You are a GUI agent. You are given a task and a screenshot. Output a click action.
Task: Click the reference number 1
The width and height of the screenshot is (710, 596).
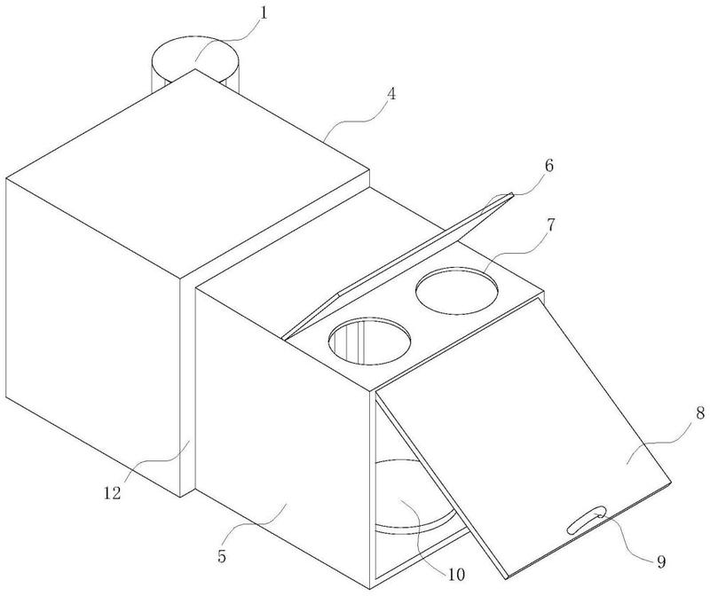(264, 12)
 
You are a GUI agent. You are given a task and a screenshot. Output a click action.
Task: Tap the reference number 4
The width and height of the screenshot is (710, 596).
(391, 95)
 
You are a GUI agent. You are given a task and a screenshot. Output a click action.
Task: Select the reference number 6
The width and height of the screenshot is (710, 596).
(548, 166)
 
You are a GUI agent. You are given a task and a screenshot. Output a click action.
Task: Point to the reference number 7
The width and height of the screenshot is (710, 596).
(550, 225)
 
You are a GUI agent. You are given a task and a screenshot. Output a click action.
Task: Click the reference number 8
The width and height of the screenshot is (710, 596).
(700, 413)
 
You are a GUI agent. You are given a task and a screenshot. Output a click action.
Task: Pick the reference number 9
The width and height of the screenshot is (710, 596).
(661, 562)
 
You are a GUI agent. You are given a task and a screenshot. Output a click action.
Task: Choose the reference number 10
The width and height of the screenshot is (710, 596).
(456, 575)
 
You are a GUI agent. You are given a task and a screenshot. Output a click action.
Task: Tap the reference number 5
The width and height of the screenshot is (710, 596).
(221, 556)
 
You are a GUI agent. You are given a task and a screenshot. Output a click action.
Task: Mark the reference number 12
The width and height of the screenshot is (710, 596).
(113, 493)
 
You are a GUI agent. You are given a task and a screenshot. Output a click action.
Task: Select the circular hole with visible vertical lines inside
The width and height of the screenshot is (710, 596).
(370, 341)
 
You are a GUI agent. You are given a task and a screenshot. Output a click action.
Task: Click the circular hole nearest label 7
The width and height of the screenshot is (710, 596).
(457, 290)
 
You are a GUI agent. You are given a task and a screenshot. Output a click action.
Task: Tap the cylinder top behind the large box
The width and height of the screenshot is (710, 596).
(194, 57)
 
